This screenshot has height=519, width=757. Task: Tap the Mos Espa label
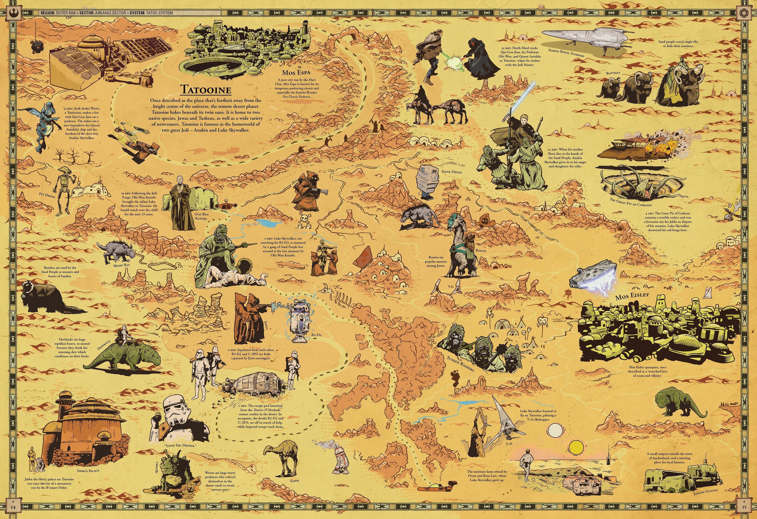tap(296, 72)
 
